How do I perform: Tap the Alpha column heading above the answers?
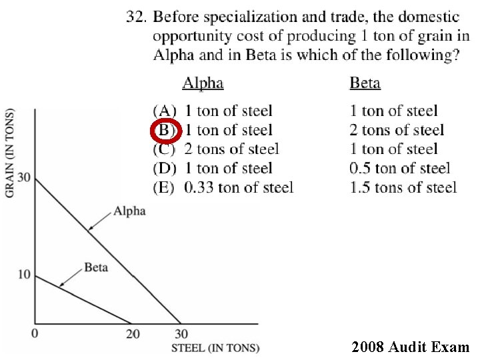click(203, 83)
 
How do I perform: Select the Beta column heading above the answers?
click(365, 83)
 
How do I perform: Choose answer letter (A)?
click(165, 111)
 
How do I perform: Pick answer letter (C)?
click(165, 149)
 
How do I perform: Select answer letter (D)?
click(165, 168)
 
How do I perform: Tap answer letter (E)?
click(165, 187)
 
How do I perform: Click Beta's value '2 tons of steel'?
click(397, 130)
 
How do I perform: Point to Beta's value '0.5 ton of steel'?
click(400, 168)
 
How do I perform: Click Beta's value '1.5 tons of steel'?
click(403, 187)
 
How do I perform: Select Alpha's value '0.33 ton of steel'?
click(239, 187)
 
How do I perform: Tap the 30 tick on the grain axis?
click(23, 178)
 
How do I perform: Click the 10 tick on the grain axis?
click(24, 275)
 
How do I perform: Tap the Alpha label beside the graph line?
click(129, 211)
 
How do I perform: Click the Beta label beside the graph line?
click(96, 267)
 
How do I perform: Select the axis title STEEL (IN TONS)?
click(215, 348)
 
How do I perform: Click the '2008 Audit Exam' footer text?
click(411, 347)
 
